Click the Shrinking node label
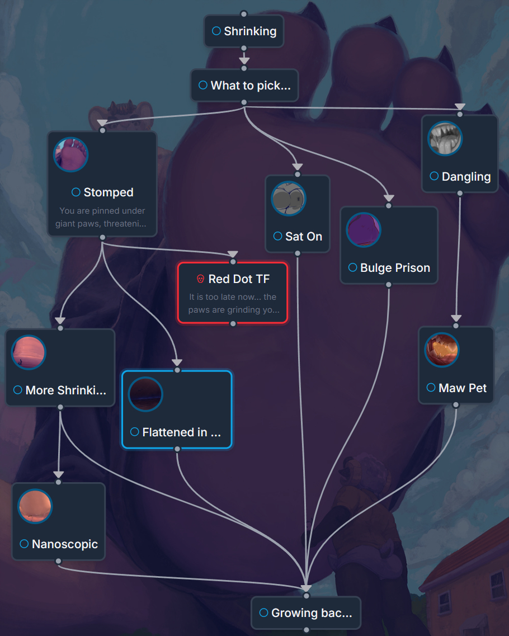pos(250,31)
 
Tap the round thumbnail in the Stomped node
pos(71,154)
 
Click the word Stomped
pos(109,192)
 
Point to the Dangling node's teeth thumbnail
pos(445,138)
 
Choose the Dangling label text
pos(466,177)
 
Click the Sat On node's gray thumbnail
pos(289,198)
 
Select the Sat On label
pos(304,237)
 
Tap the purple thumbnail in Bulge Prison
pos(364,230)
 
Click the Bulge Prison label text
pos(395,268)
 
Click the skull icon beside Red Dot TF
pos(200,279)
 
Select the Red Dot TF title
pos(239,279)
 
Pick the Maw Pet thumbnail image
pos(442,350)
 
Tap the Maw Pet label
pos(463,388)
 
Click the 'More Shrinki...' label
pos(65,390)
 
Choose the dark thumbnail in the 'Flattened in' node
pos(145,394)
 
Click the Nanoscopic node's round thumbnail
pos(35,506)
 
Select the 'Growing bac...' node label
pos(312,613)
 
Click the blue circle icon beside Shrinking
pos(216,31)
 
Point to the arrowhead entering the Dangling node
pos(460,107)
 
